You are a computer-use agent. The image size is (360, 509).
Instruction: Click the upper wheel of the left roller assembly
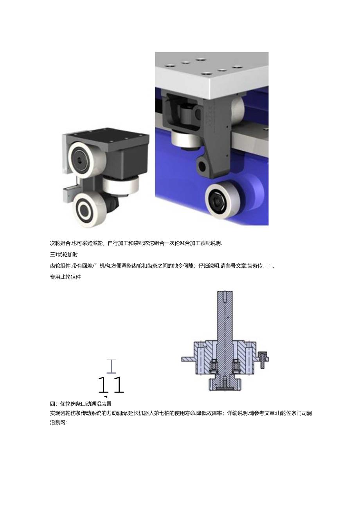tap(82, 160)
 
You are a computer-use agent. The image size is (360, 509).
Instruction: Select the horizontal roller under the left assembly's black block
tap(121, 185)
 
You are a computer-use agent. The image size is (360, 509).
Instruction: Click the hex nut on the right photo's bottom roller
tap(216, 201)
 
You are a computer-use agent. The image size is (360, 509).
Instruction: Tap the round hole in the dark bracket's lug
tap(202, 167)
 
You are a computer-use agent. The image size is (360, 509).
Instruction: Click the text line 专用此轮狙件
tap(65, 277)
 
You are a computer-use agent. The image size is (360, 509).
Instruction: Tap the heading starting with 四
tap(81, 404)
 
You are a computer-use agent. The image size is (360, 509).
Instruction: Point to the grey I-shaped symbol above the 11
tap(112, 367)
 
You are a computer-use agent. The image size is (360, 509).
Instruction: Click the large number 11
tap(110, 385)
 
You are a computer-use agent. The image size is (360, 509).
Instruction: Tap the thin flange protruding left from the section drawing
tap(187, 359)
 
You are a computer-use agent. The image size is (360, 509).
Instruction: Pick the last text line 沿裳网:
tap(59, 423)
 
